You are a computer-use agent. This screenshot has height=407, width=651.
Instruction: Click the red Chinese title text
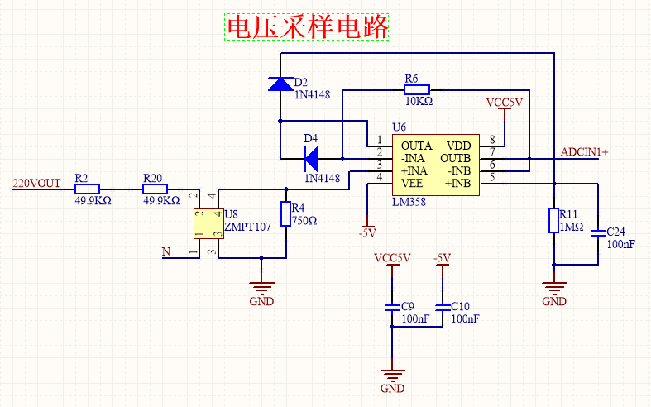(308, 27)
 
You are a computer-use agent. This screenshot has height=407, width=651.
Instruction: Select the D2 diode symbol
(280, 83)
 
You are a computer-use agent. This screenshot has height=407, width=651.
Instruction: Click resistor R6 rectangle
(417, 89)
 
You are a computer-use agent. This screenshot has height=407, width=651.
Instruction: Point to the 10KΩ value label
(419, 101)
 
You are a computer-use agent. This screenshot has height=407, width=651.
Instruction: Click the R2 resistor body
(87, 188)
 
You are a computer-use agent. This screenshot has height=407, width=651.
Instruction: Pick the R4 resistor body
(286, 214)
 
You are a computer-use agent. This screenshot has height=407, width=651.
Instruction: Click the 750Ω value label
(304, 221)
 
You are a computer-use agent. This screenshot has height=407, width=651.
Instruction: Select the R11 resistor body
(554, 221)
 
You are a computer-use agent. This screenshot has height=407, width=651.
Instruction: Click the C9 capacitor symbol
(393, 307)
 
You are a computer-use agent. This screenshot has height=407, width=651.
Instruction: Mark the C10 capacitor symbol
(443, 307)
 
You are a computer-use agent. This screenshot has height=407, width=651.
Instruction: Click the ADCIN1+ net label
(584, 152)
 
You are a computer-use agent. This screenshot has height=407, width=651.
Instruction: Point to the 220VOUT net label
(36, 184)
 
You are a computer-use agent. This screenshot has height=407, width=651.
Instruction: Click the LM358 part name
(409, 201)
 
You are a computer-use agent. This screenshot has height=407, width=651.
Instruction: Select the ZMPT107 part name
(247, 227)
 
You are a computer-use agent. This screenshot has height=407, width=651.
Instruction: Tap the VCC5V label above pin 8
(505, 103)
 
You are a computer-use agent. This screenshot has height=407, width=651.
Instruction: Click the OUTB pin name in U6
(455, 157)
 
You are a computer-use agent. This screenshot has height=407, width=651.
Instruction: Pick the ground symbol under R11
(554, 290)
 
